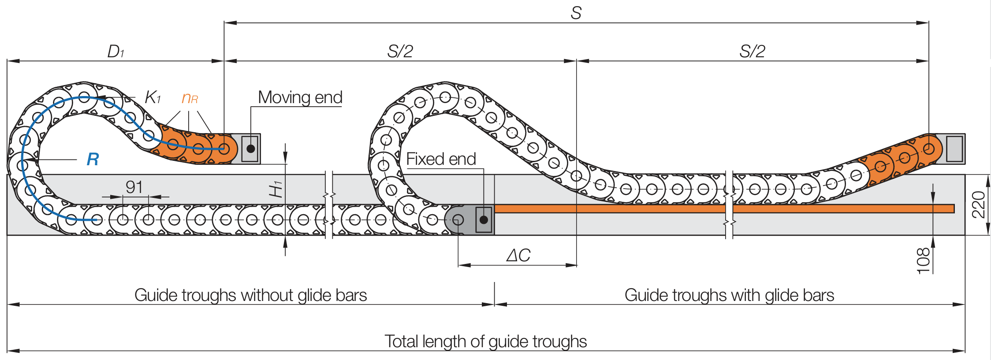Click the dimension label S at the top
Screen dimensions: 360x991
coord(576,13)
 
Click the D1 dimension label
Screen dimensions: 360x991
coord(115,52)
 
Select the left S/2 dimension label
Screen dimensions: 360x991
coord(400,52)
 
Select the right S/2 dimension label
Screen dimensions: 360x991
coord(752,52)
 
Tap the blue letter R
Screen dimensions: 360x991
coord(93,159)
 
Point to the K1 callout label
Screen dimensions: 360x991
coord(153,97)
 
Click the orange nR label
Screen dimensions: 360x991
coord(190,98)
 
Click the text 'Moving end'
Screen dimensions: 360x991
coord(300,97)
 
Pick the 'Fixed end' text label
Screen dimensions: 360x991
coord(441,159)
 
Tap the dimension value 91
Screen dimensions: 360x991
coord(134,187)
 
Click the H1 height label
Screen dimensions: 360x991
coord(276,189)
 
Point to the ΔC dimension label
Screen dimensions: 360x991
coord(518,256)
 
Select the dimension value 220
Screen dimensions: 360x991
coord(978,204)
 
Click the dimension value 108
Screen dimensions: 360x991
coord(923,261)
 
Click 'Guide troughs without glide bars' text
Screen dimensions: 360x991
coord(250,295)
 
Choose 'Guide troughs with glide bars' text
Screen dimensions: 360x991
coord(729,295)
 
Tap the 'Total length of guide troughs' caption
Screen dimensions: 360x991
coord(485,341)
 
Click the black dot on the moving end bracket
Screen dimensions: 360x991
coord(251,149)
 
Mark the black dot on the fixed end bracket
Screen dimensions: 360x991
coord(484,219)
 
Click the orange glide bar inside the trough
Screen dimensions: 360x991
coord(617,208)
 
